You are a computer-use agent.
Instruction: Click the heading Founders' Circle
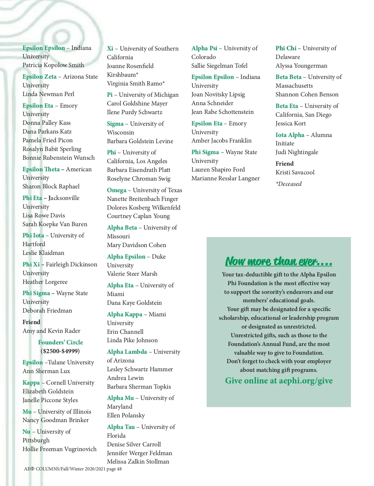60,342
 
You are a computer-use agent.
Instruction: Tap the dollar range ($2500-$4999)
60,351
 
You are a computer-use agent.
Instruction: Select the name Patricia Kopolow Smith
53,65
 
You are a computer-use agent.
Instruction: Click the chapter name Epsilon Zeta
40,76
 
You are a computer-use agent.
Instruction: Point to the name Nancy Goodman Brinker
55,420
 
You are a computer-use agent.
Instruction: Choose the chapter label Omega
117,190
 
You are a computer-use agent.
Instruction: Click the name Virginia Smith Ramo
136,83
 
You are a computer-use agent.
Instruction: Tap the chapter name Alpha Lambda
127,352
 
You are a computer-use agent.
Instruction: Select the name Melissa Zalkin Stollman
138,461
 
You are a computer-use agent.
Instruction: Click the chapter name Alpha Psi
204,48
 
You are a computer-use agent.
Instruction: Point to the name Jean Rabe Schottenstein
223,112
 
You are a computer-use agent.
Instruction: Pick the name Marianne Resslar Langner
225,178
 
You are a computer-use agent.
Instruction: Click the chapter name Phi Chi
286,48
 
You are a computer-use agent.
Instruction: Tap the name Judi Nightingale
297,152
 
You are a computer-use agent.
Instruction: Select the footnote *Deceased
289,184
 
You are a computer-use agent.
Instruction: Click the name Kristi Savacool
295,172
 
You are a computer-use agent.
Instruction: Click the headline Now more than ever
279,261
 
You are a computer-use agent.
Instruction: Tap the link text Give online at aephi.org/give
279,381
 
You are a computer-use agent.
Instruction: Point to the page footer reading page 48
114,469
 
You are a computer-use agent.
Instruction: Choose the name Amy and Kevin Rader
51,331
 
